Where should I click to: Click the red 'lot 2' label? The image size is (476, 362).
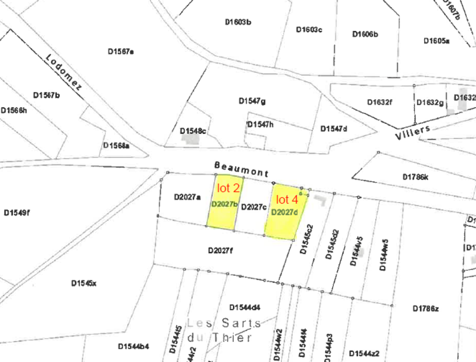pyautogui.click(x=228, y=188)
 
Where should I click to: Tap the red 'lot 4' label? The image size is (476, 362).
pyautogui.click(x=287, y=200)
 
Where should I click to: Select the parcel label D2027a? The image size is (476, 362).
pyautogui.click(x=187, y=197)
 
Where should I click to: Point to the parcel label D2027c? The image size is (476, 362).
pyautogui.click(x=254, y=207)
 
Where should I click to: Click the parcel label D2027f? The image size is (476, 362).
pyautogui.click(x=220, y=250)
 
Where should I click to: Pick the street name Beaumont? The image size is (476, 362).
pyautogui.click(x=241, y=169)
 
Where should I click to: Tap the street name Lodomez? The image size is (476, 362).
pyautogui.click(x=64, y=72)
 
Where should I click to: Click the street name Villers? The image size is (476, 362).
pyautogui.click(x=412, y=132)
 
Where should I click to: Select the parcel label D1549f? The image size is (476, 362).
pyautogui.click(x=17, y=213)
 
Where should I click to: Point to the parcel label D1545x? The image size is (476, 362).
pyautogui.click(x=84, y=283)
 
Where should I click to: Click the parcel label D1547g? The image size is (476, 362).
pyautogui.click(x=252, y=101)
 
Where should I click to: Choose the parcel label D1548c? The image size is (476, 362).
pyautogui.click(x=193, y=131)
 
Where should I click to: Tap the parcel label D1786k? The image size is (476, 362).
pyautogui.click(x=415, y=177)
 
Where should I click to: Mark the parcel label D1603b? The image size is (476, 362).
pyautogui.click(x=238, y=22)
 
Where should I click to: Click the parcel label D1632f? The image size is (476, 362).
pyautogui.click(x=379, y=102)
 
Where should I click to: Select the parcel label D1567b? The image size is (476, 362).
pyautogui.click(x=46, y=95)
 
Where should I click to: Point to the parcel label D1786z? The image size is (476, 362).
pyautogui.click(x=426, y=308)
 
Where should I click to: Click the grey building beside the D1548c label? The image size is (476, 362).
pyautogui.click(x=191, y=139)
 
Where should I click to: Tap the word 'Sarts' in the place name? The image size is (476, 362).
pyautogui.click(x=241, y=323)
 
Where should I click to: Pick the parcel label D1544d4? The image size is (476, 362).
pyautogui.click(x=245, y=307)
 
